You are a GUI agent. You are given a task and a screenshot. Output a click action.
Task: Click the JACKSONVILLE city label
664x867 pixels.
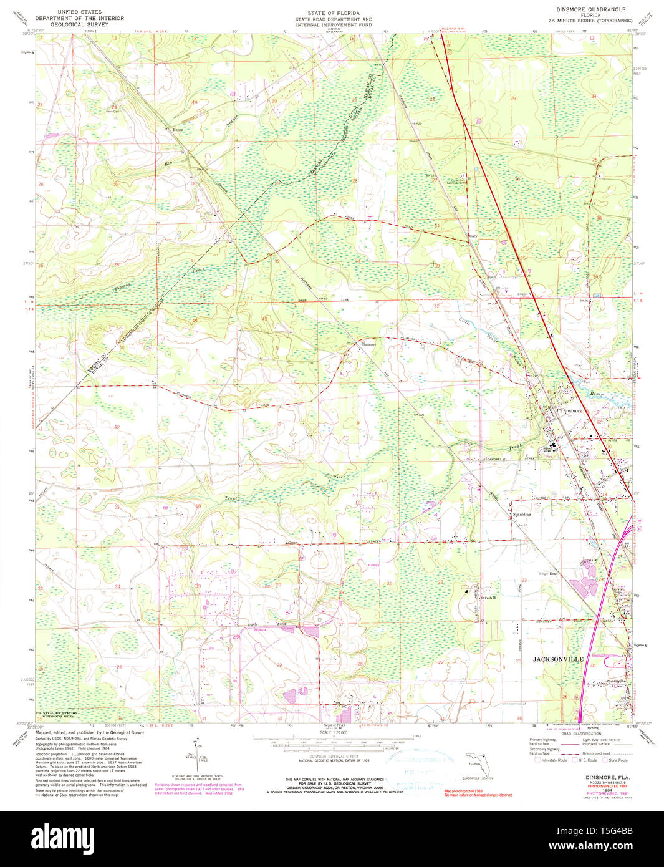557,659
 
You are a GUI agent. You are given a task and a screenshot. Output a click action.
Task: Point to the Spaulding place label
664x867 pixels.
521,515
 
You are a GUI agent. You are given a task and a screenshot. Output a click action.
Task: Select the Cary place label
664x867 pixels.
473,236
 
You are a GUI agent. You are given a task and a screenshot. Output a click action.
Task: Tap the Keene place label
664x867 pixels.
177,130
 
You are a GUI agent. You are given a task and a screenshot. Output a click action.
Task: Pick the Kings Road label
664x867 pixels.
549,573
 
